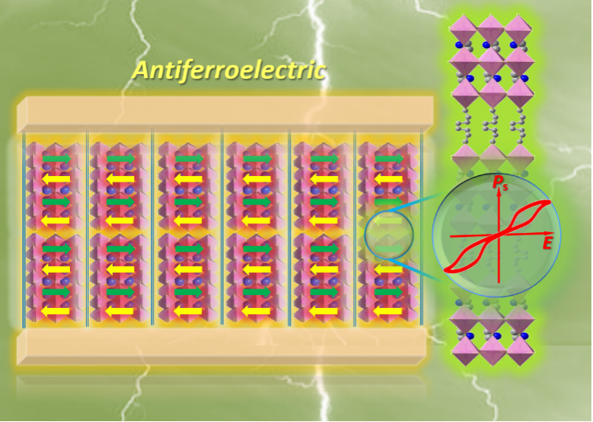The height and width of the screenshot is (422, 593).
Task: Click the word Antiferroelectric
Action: click(229, 71)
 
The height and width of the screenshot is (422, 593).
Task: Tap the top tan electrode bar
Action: click(225, 111)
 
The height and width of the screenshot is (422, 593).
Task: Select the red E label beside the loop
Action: click(548, 242)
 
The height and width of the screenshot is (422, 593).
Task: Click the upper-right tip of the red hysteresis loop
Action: click(551, 203)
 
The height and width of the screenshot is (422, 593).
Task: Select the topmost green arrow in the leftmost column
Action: click(56, 159)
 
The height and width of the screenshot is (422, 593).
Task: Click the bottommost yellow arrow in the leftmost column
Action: click(56, 311)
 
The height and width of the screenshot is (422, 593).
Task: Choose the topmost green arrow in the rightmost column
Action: click(389, 159)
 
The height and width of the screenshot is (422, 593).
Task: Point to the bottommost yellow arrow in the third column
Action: click(189, 311)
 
